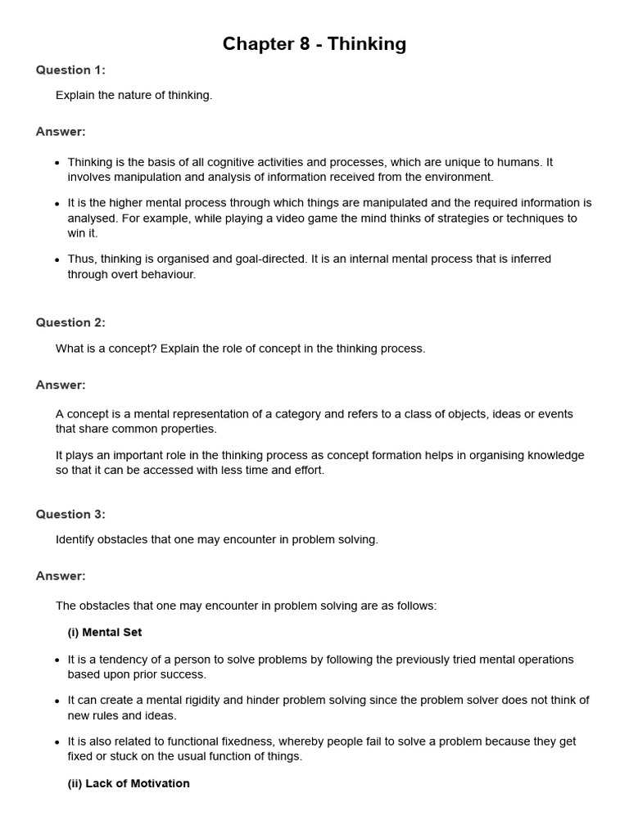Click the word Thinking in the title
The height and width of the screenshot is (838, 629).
pos(367,44)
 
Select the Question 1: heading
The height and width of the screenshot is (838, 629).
pos(70,70)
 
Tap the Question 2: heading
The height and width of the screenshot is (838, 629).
pos(70,322)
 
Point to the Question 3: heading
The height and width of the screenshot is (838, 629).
pos(70,514)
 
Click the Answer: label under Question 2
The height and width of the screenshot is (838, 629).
pos(61,385)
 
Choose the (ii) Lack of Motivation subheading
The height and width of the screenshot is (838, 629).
pos(129,783)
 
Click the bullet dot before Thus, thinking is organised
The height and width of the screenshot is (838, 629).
pos(57,259)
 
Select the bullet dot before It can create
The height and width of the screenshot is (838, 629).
pos(57,701)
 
